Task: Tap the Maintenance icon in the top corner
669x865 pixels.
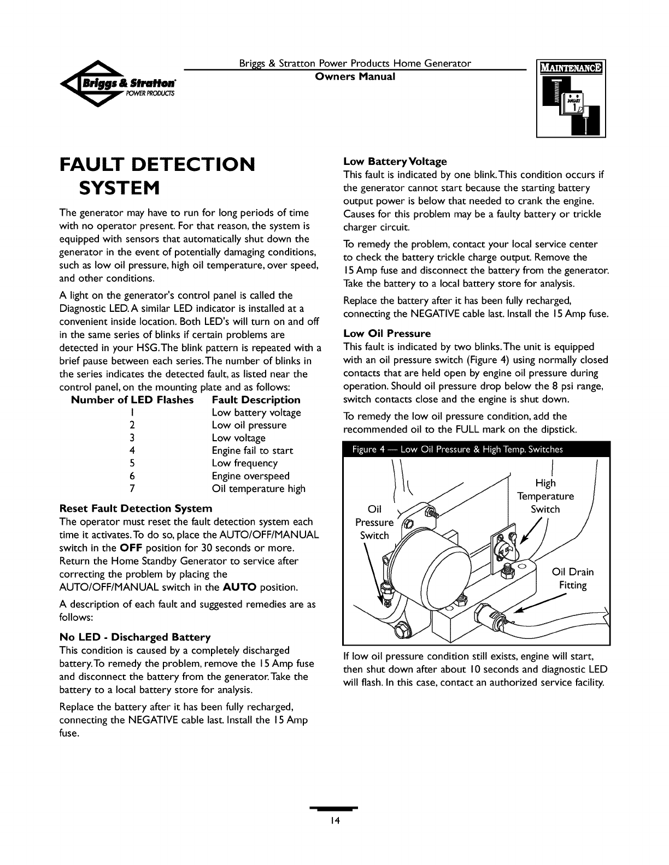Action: coord(571,99)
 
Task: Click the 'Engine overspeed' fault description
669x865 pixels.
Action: coord(250,476)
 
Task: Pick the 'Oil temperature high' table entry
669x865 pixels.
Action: coord(259,489)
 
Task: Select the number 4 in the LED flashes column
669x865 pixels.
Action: coord(132,451)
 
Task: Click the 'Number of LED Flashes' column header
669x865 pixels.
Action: coord(132,400)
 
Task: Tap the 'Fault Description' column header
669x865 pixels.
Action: coord(256,400)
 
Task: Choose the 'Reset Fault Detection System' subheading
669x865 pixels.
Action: coord(136,508)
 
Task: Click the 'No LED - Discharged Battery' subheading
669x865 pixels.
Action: coord(134,637)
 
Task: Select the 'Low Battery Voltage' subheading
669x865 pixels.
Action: coord(395,162)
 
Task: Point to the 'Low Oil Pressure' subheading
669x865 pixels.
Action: coord(387,333)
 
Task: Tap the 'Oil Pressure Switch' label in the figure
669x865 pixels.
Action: coord(374,523)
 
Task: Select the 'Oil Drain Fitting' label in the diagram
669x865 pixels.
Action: coord(573,579)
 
